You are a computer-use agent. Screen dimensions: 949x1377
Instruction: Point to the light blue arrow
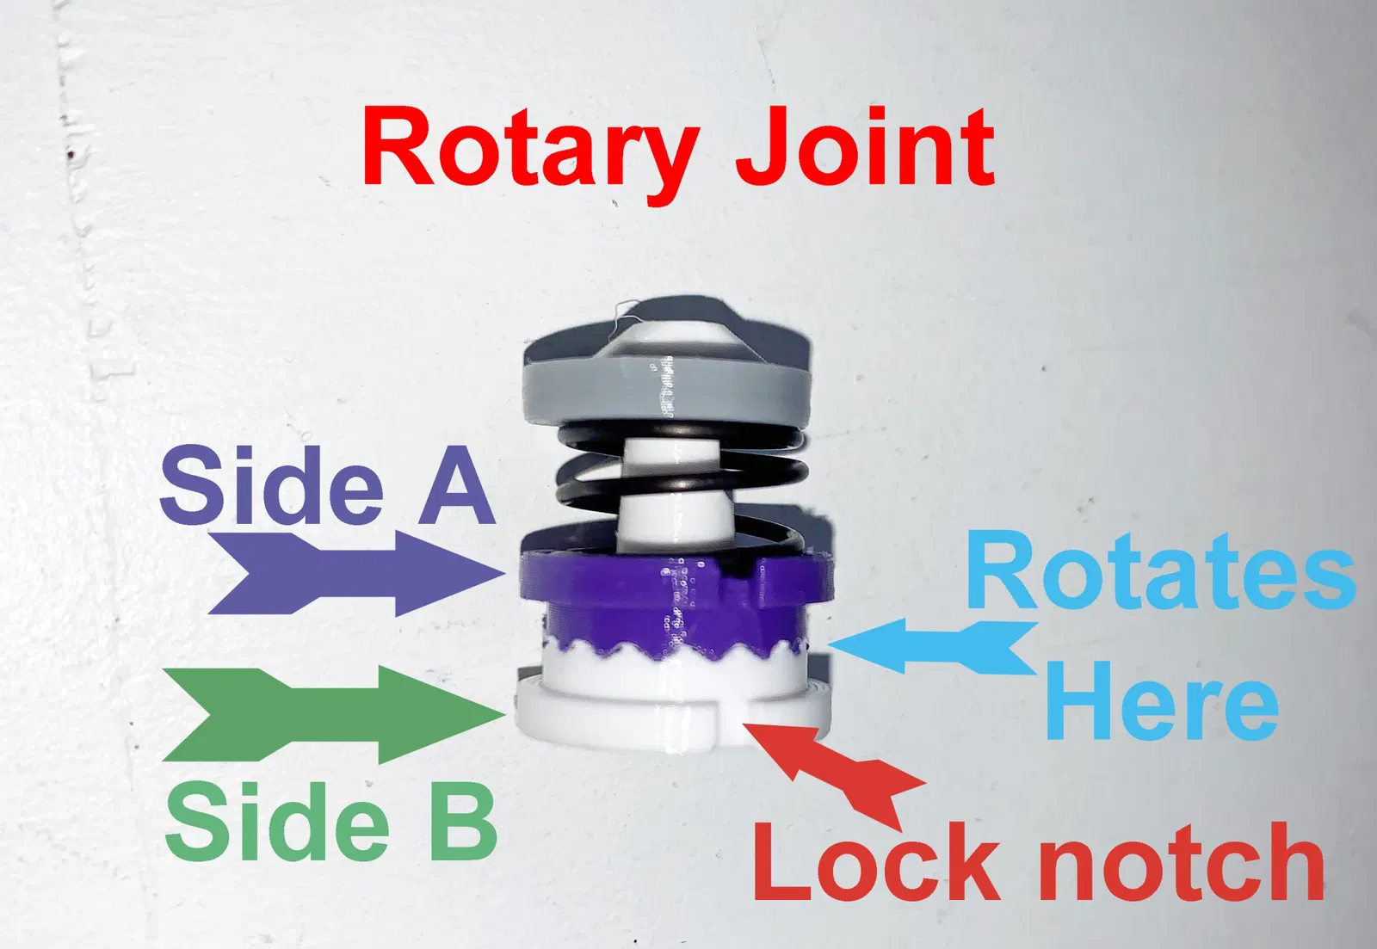[x=934, y=646]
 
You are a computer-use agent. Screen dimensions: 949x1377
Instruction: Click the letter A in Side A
[x=456, y=486]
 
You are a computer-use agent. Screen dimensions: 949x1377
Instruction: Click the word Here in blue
[x=1161, y=701]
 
